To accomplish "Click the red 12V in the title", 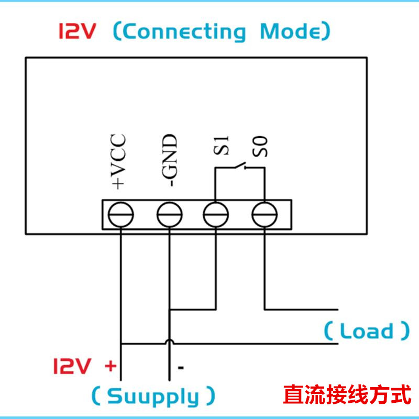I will coord(77,32).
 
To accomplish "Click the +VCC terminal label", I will coord(119,161).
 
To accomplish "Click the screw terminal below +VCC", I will coord(121,215).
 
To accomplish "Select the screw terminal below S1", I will coord(216,215).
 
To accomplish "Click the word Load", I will coord(366,331).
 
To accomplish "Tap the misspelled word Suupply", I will coord(153,396).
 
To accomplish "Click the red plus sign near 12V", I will coord(110,366).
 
